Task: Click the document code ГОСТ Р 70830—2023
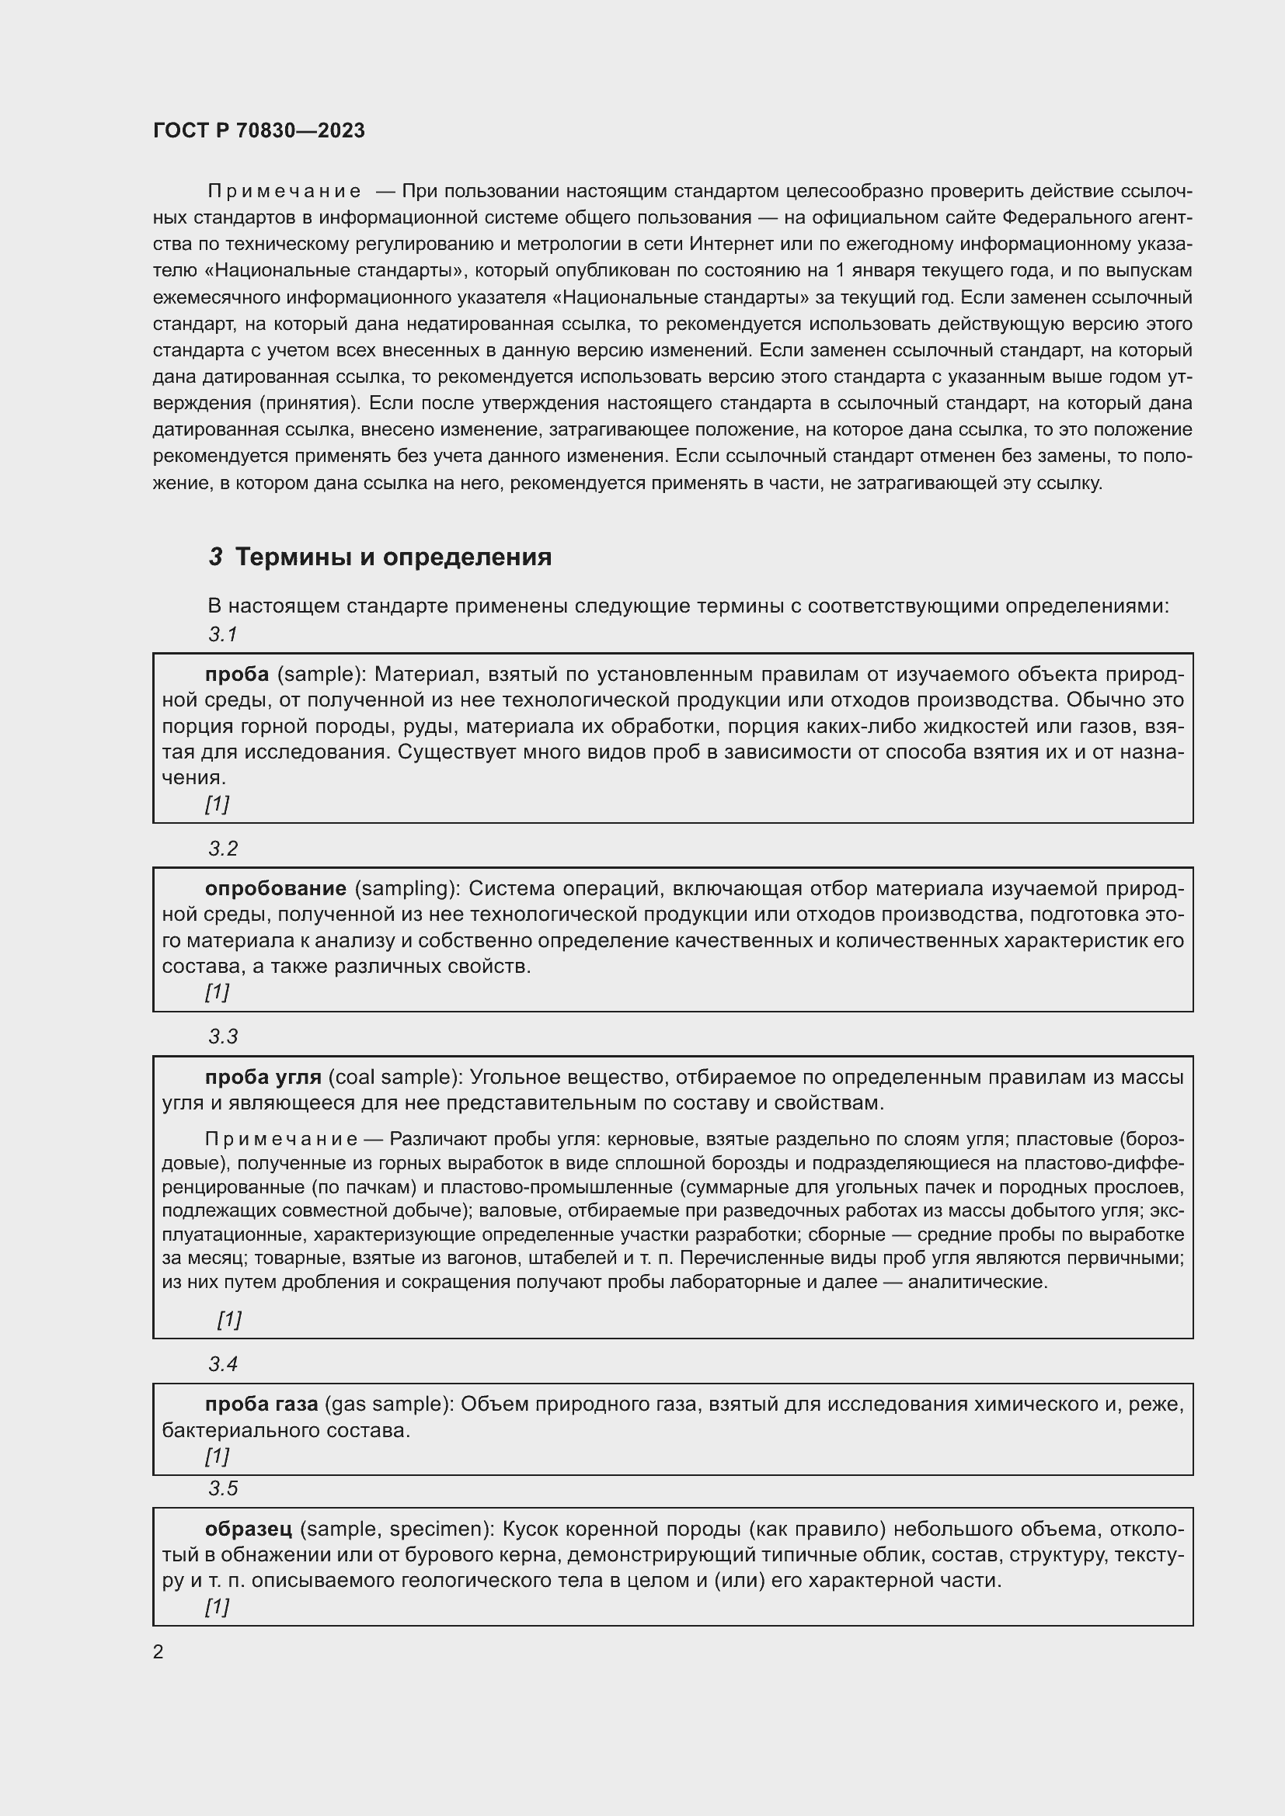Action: click(259, 130)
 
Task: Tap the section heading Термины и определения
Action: click(393, 557)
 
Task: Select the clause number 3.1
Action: click(223, 634)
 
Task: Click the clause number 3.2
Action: click(223, 849)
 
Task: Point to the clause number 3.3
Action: click(223, 1037)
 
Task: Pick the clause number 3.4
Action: click(223, 1364)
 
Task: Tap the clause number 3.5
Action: click(223, 1488)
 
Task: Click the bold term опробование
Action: click(275, 889)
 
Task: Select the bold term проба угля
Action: click(263, 1078)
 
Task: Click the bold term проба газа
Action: click(261, 1404)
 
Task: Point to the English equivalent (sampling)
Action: click(406, 889)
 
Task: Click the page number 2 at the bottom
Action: click(158, 1652)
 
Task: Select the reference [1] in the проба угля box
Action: click(229, 1319)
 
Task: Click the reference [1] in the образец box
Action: click(217, 1606)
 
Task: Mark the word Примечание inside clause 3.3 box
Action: click(281, 1139)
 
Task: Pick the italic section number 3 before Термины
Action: click(216, 557)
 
